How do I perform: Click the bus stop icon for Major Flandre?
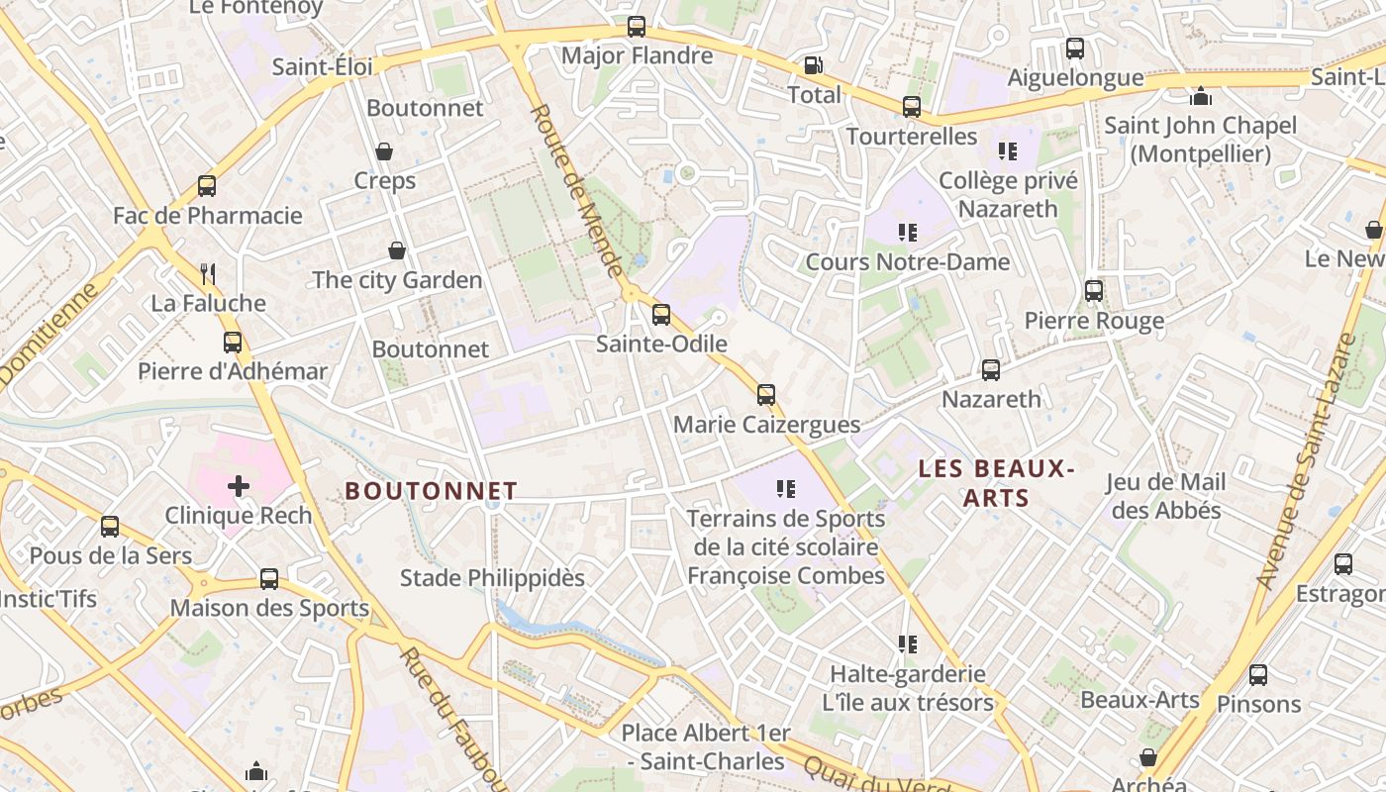tap(637, 27)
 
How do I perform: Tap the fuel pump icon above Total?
tap(813, 65)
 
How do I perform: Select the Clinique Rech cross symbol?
tap(238, 486)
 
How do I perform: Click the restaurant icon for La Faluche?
tap(208, 273)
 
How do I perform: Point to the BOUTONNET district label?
tap(431, 491)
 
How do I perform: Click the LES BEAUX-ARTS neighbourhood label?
tap(996, 482)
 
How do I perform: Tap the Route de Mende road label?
tap(577, 191)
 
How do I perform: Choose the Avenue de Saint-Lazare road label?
tap(1305, 461)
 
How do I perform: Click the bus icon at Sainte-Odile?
tap(660, 315)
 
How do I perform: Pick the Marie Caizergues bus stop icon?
tap(766, 395)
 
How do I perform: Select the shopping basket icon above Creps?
tap(384, 151)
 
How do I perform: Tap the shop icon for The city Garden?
tap(397, 250)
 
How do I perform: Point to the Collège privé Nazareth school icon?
tap(1008, 151)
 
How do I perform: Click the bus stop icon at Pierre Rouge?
tap(1094, 291)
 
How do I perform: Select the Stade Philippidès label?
tap(492, 577)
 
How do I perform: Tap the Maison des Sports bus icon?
tap(269, 579)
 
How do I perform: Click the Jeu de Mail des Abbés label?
tap(1165, 496)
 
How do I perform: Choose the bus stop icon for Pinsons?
tap(1258, 675)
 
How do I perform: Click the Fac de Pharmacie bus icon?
tap(207, 186)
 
